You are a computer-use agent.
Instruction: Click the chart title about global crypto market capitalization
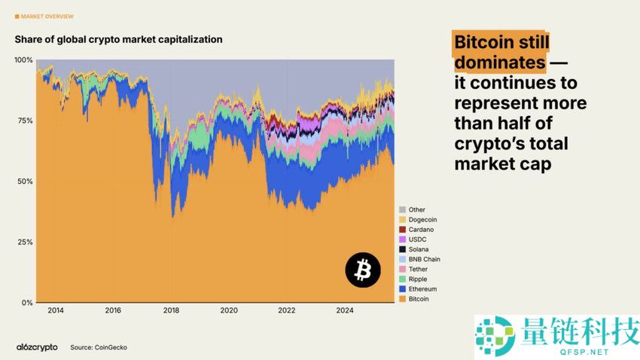[118, 39]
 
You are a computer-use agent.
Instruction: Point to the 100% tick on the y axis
[23, 59]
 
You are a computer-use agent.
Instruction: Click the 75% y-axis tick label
[25, 121]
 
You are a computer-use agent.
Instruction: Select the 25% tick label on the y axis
[25, 243]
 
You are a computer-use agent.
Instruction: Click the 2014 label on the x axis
[55, 310]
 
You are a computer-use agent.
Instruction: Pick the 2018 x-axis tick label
[171, 310]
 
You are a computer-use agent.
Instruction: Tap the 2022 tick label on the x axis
[286, 310]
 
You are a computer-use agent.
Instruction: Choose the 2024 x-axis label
[344, 310]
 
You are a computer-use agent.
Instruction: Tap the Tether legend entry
[419, 269]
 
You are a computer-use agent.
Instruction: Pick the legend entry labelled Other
[417, 209]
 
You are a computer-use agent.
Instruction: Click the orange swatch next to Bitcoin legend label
[403, 299]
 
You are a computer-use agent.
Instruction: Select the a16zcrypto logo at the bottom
[37, 347]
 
